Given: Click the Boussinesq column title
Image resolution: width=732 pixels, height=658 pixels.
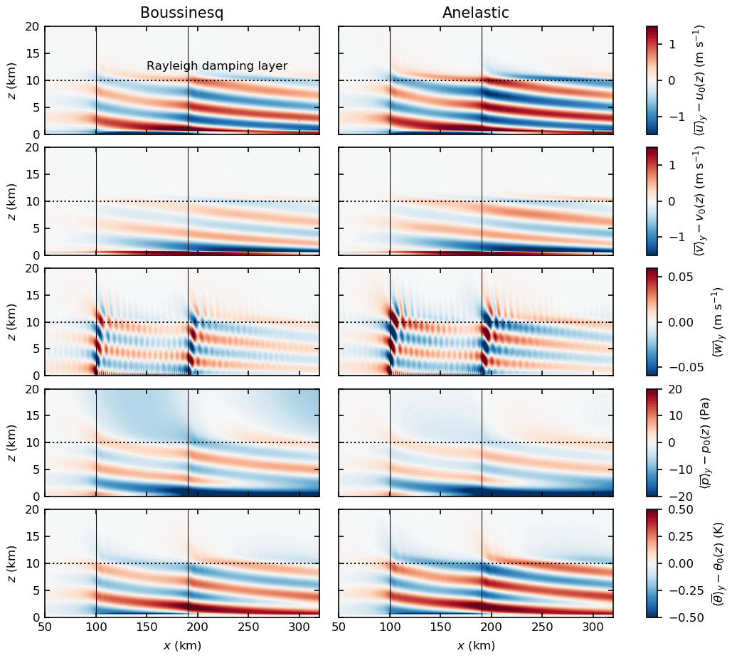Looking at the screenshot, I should pyautogui.click(x=181, y=14).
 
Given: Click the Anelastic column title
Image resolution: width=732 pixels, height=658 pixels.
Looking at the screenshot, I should pyautogui.click(x=475, y=14).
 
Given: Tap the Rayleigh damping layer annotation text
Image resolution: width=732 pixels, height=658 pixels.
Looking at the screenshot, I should pyautogui.click(x=217, y=66).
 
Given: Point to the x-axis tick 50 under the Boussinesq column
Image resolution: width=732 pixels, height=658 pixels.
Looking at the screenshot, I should pyautogui.click(x=45, y=628).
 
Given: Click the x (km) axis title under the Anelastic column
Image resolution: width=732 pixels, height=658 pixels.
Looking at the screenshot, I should pyautogui.click(x=475, y=646).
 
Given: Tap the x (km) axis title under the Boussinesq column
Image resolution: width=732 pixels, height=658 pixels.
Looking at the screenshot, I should pyautogui.click(x=181, y=646).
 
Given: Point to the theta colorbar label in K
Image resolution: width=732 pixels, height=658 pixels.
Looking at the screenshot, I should pyautogui.click(x=717, y=563).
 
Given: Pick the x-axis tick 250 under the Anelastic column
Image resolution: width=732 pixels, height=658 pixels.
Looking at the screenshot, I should pyautogui.click(x=542, y=628).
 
